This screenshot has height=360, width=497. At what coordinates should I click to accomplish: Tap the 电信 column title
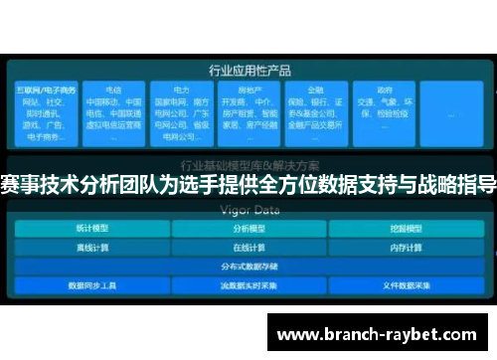pyautogui.click(x=113, y=89)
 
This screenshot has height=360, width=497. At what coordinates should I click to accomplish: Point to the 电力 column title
pyautogui.click(x=181, y=89)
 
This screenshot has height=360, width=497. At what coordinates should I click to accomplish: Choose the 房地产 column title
pyautogui.click(x=249, y=89)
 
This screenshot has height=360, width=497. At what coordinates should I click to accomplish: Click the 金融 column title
pyautogui.click(x=315, y=89)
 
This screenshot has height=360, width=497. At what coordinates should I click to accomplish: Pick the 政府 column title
pyautogui.click(x=383, y=89)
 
